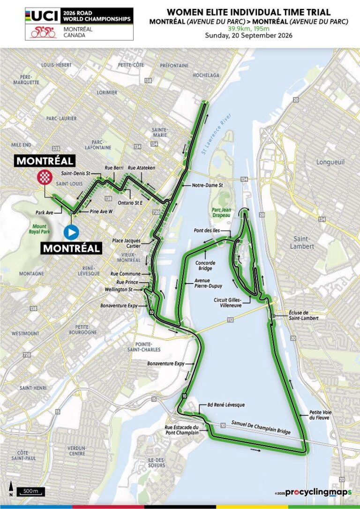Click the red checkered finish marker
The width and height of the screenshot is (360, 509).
pos(45,177)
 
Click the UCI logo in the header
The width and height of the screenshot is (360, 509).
pos(43,16)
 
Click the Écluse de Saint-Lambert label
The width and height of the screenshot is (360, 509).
pos(303,315)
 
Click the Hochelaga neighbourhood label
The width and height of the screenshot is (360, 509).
pos(206,75)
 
